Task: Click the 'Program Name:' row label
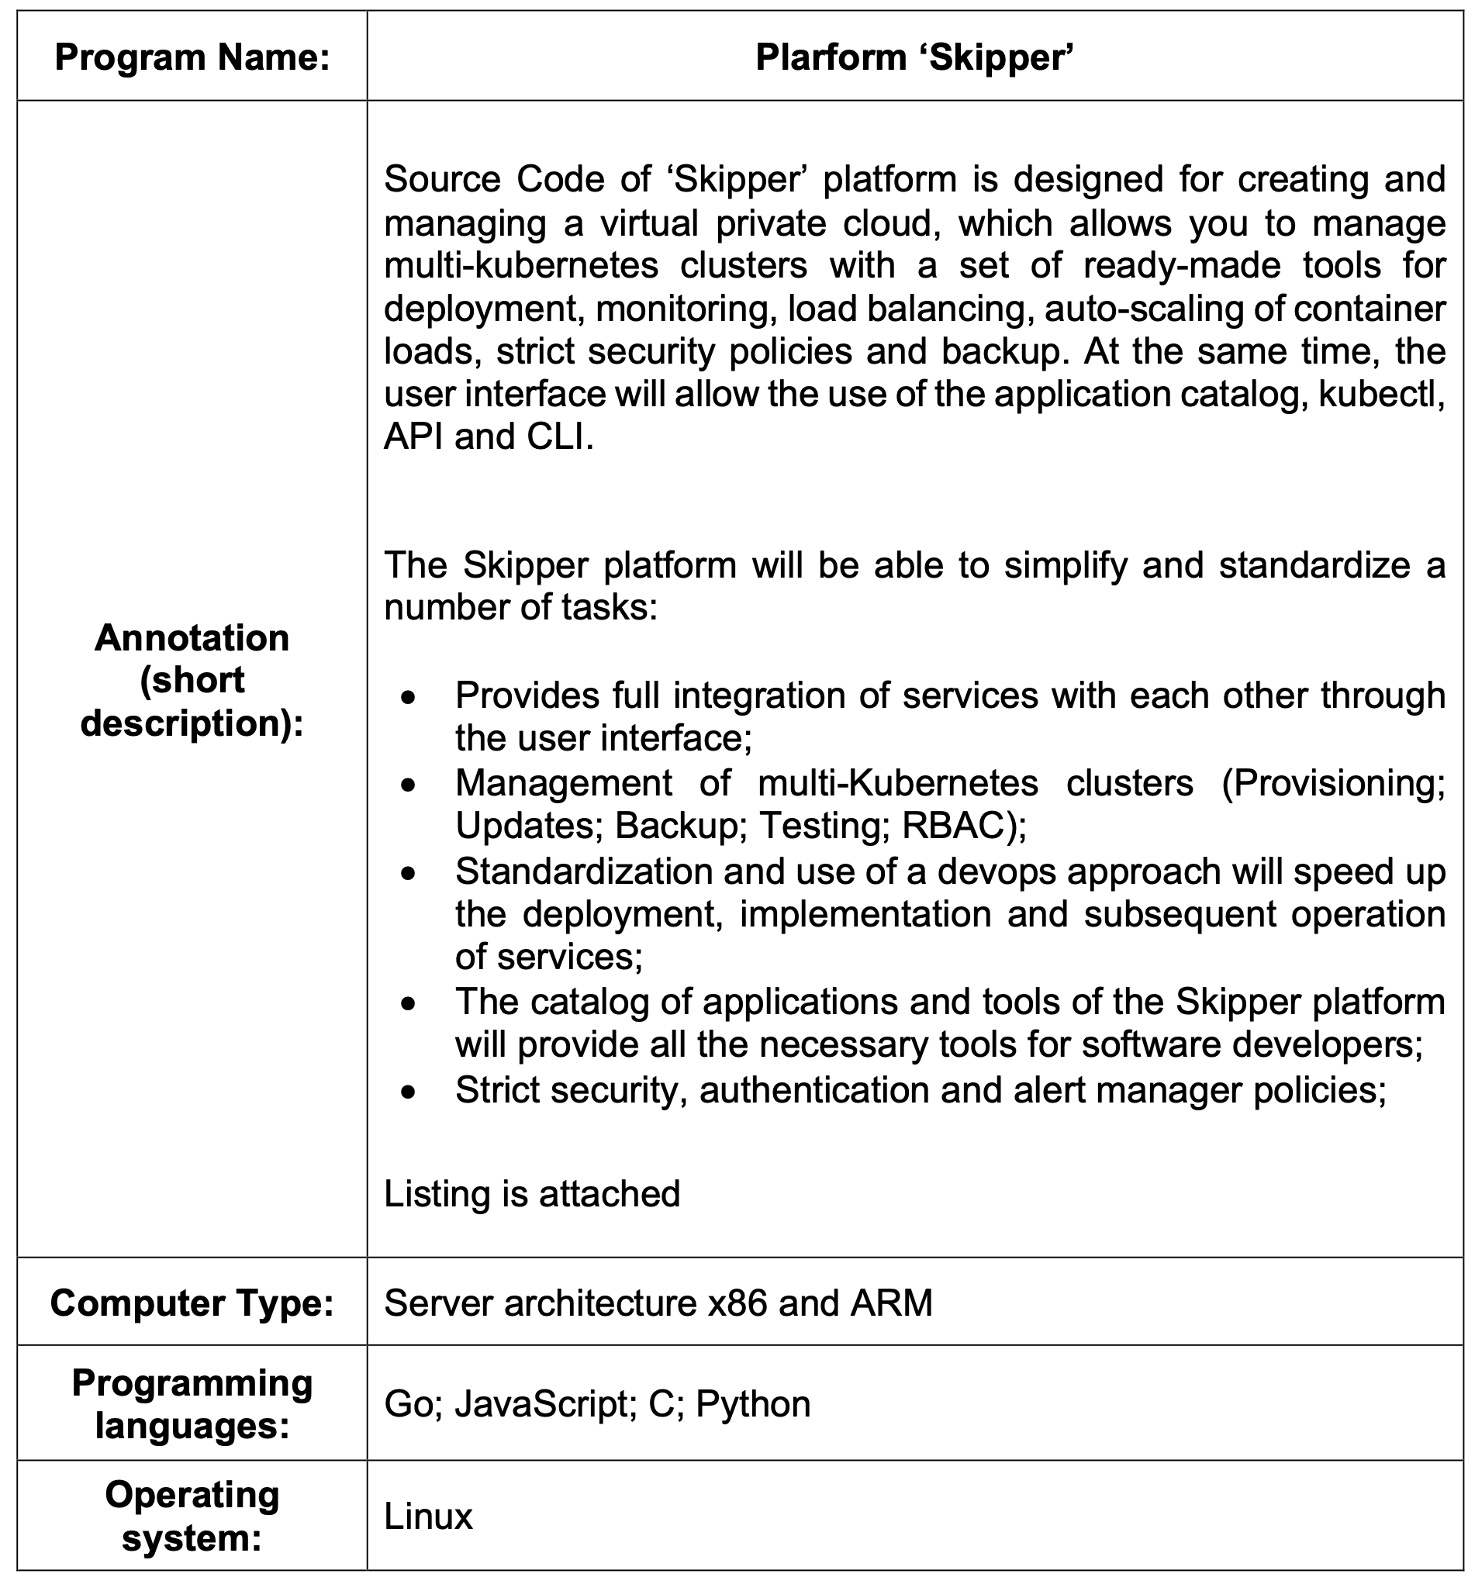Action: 192,58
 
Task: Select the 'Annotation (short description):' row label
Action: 192,680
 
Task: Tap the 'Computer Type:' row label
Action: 192,1303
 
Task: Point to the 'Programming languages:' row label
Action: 192,1404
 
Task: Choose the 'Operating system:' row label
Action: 192,1517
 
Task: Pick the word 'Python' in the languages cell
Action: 753,1404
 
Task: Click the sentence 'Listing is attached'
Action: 531,1193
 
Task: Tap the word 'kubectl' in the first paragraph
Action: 1380,395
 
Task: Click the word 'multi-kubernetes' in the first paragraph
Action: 521,265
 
